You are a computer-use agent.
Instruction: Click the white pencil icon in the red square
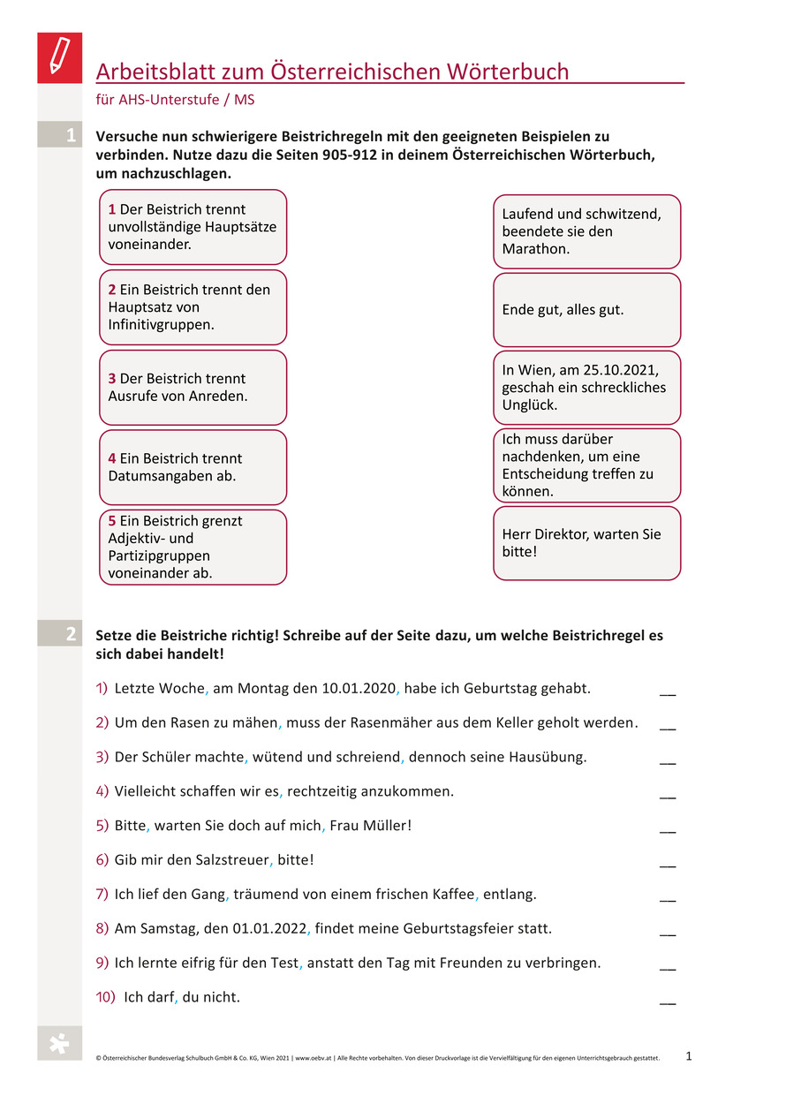pyautogui.click(x=59, y=57)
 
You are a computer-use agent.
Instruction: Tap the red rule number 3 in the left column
pyautogui.click(x=112, y=378)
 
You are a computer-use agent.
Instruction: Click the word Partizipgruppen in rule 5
pyautogui.click(x=159, y=555)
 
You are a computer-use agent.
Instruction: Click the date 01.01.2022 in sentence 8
pyautogui.click(x=268, y=928)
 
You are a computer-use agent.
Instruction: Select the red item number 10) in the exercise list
pyautogui.click(x=106, y=997)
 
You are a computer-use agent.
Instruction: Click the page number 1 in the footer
pyautogui.click(x=689, y=1054)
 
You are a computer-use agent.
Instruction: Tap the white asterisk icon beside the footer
pyautogui.click(x=59, y=1044)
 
